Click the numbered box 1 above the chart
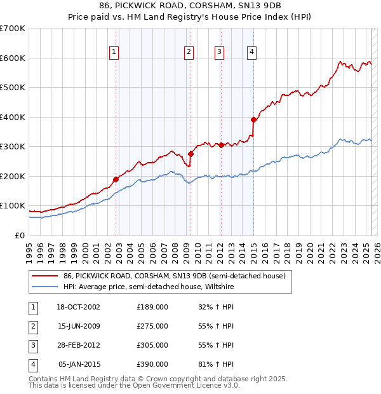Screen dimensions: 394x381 114,52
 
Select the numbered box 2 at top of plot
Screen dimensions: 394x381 189,52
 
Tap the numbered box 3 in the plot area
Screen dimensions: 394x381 219,52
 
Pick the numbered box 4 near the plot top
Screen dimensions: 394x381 251,52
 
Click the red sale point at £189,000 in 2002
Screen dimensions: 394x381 116,179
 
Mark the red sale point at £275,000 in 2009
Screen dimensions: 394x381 190,154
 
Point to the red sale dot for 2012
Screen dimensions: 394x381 221,145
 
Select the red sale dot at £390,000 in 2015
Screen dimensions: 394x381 253,119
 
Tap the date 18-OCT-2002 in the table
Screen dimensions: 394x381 78,307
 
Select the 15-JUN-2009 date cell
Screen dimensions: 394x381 78,326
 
